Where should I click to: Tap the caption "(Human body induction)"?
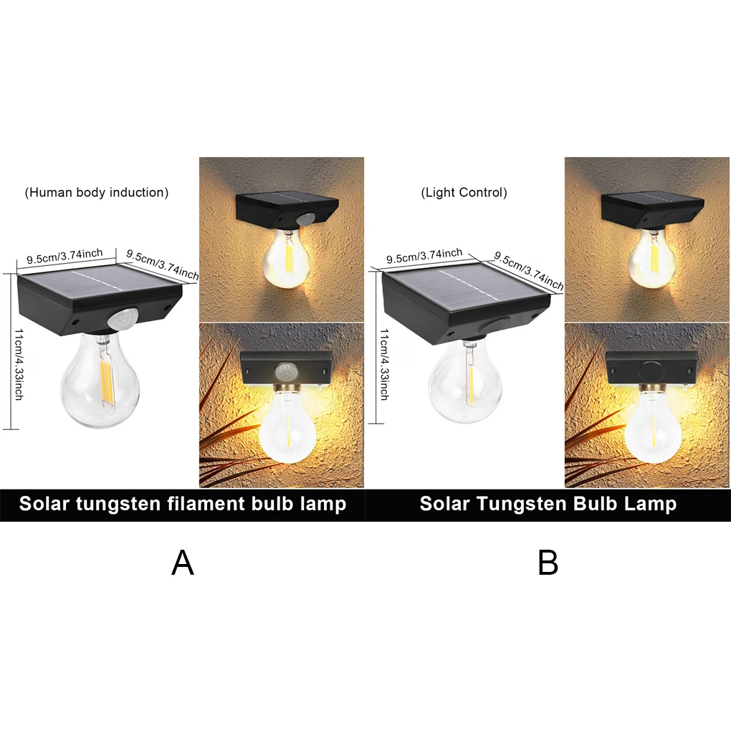pyautogui.click(x=97, y=193)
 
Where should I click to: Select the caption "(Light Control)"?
pyautogui.click(x=464, y=193)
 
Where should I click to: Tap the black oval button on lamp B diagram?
pyautogui.click(x=495, y=324)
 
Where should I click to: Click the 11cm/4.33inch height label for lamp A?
pyautogui.click(x=18, y=363)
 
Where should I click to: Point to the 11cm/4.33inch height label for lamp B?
pyautogui.click(x=384, y=363)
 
